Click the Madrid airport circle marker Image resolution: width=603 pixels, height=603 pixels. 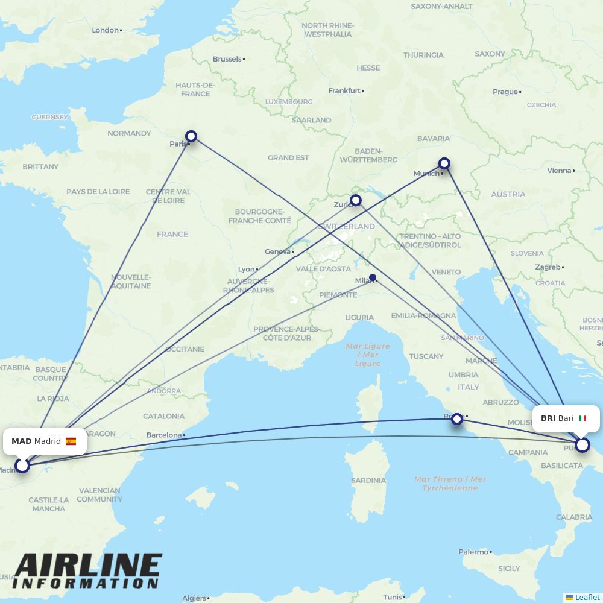tap(22, 465)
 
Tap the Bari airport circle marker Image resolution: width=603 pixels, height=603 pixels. tap(582, 445)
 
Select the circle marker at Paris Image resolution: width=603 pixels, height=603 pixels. tap(191, 136)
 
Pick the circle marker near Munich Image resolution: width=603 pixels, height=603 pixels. tap(444, 163)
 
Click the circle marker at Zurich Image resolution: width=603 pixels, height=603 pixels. tap(356, 200)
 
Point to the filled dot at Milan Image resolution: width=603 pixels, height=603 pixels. tap(373, 278)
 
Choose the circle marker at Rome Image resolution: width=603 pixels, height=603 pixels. tap(457, 418)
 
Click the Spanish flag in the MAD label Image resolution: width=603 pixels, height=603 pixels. tap(71, 441)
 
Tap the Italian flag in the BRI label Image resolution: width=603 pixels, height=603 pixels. tap(582, 418)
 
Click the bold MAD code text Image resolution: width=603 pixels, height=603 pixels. tap(21, 441)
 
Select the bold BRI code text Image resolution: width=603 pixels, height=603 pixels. tap(548, 418)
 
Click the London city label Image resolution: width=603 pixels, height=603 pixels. tap(105, 30)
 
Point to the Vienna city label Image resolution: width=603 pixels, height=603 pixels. tap(558, 171)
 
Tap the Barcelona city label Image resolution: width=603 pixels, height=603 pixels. tap(163, 435)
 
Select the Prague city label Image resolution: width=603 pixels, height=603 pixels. tap(505, 92)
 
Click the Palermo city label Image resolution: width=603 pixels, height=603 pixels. tap(473, 552)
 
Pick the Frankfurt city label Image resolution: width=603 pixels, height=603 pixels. tap(344, 91)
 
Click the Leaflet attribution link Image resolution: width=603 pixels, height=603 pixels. tap(587, 597)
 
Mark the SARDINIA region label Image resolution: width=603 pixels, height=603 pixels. tap(368, 481)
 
